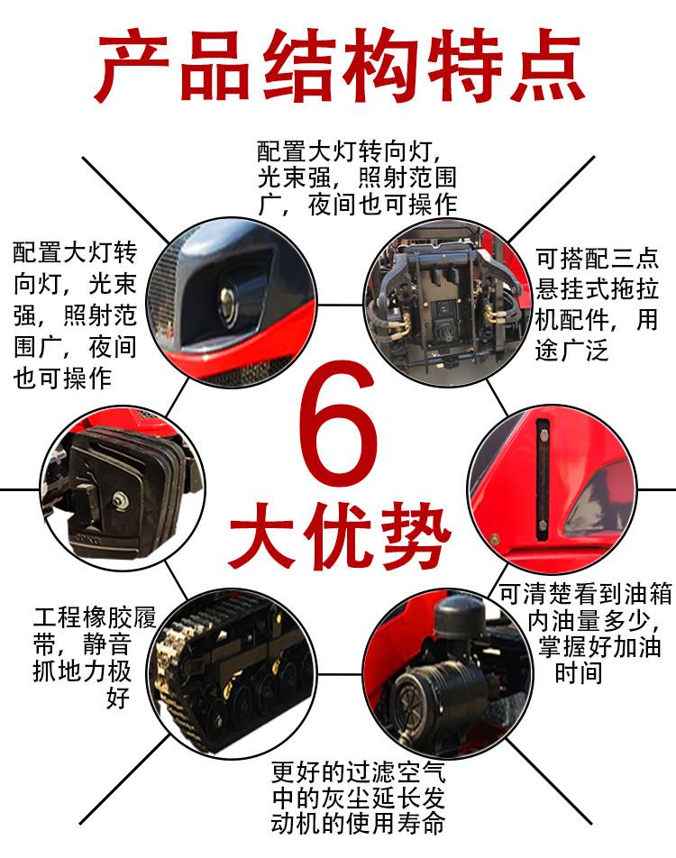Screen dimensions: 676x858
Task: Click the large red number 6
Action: point(338,423)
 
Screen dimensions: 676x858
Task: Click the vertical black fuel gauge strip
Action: point(543,479)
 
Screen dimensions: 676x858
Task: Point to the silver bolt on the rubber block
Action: point(119,499)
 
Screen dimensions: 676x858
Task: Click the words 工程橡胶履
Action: point(95,617)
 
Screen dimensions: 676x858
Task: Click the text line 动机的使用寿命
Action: point(358,823)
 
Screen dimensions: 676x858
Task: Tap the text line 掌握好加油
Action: point(599,646)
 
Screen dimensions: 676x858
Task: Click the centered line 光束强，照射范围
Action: point(358,178)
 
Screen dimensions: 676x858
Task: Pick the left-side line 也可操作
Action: point(62,379)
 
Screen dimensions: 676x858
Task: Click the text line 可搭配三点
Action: point(597,259)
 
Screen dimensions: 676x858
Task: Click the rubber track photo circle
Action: point(233,674)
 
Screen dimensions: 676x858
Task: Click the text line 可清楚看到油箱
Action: point(586,594)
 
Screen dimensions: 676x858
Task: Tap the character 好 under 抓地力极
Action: point(118,698)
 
